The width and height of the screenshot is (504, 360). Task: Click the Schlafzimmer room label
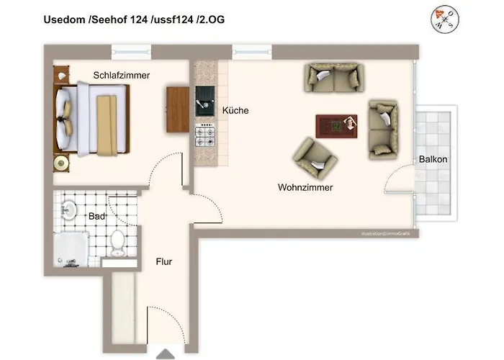pos(121,75)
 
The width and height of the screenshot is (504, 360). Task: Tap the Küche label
pos(235,111)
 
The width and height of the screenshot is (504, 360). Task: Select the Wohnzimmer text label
pos(305,187)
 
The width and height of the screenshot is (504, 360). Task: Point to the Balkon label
pos(433,159)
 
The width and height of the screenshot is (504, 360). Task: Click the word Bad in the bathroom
pos(96,216)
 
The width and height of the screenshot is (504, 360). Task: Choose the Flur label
pos(164,262)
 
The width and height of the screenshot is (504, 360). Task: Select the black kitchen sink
pos(204,102)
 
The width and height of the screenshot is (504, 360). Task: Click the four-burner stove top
pos(205,135)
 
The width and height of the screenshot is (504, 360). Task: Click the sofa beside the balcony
pos(382,129)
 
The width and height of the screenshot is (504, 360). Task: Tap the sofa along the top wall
pos(333,77)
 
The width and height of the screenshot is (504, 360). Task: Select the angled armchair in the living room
pos(315,158)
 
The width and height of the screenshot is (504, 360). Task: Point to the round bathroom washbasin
pos(69,210)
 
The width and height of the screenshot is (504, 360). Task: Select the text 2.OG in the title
pos(210,19)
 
